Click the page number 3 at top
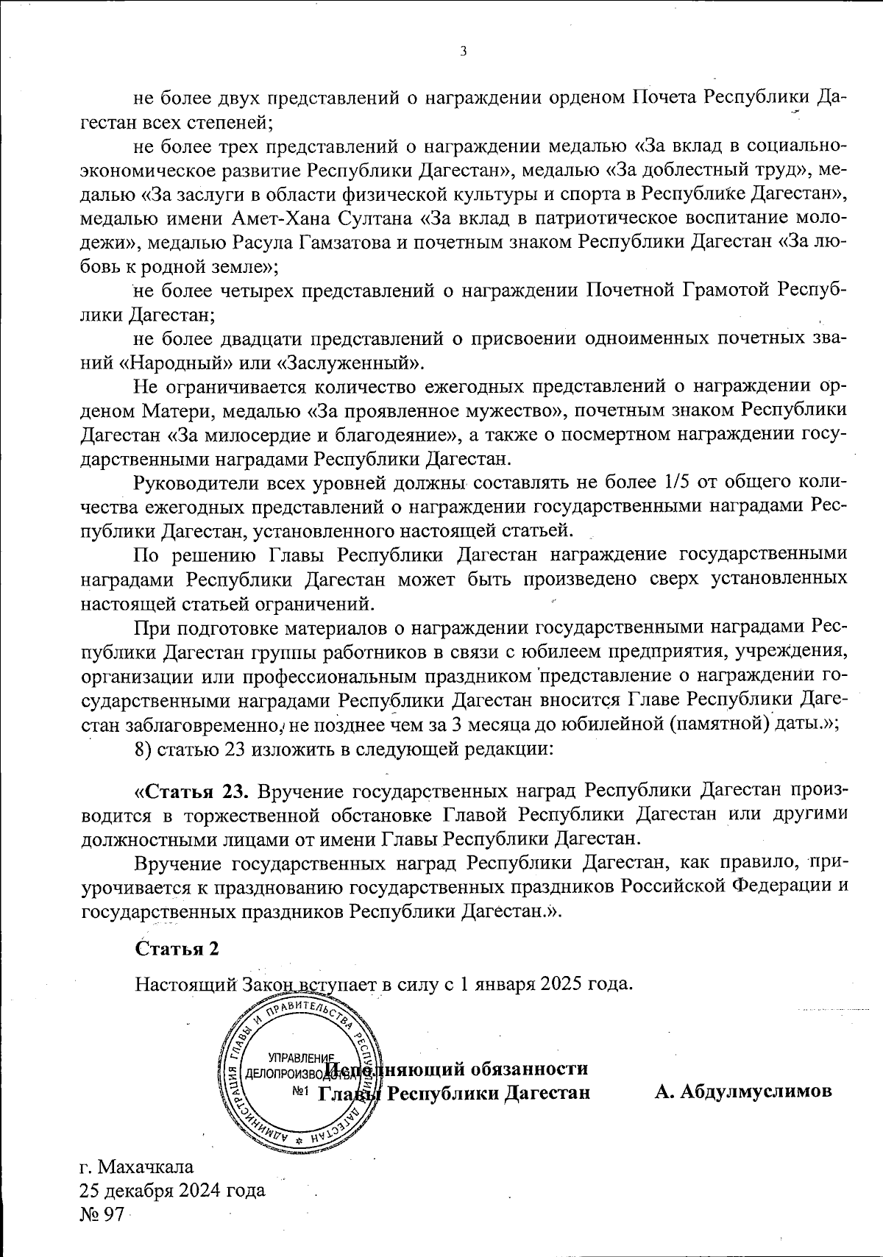(462, 51)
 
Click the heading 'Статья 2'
(177, 948)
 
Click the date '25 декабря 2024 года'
(172, 1189)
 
